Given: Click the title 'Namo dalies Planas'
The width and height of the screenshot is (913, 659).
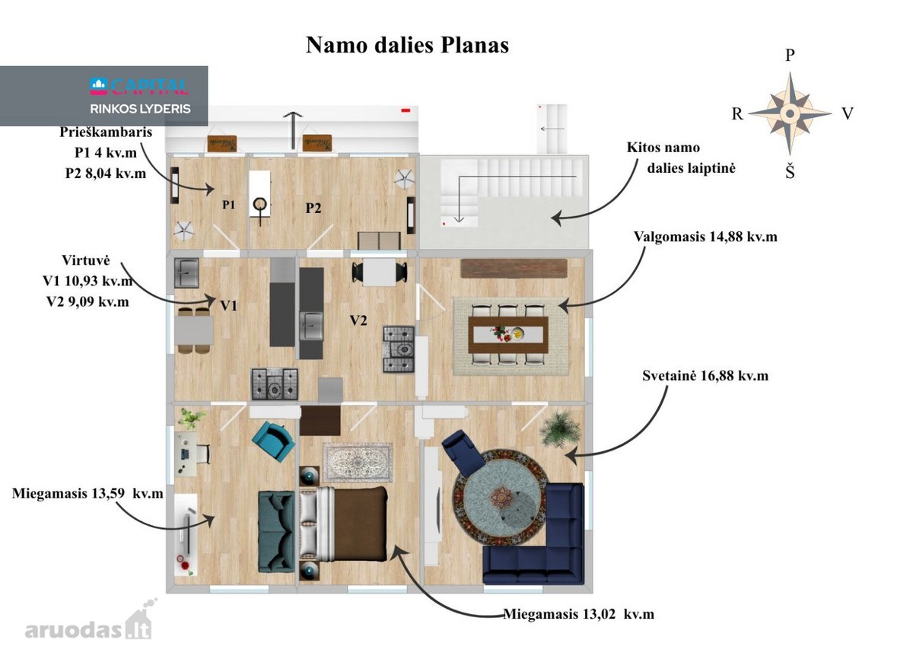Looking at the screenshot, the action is [407, 45].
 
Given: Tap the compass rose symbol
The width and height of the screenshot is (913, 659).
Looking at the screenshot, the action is [790, 113].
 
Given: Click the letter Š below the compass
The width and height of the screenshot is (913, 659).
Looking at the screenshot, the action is [790, 171].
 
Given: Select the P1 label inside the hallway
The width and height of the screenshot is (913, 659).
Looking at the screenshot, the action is [229, 205].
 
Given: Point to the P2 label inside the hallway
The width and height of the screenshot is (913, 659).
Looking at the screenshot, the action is [313, 209].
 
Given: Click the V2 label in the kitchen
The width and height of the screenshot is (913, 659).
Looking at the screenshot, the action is [358, 320].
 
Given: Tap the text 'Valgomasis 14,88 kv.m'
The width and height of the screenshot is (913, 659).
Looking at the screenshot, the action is [705, 237].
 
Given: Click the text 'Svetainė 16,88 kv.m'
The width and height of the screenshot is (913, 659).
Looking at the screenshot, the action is [705, 376].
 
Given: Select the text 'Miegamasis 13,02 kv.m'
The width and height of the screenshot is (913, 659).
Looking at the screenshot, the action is [579, 614].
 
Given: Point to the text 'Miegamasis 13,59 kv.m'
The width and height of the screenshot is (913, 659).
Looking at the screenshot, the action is [87, 494].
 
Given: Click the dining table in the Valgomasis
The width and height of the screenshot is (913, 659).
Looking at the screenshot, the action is [508, 335].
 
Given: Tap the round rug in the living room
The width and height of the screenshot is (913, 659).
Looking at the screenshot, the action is [500, 497].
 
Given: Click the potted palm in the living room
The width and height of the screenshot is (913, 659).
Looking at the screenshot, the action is [561, 429].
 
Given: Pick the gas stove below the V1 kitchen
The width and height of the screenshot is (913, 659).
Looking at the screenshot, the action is [275, 384].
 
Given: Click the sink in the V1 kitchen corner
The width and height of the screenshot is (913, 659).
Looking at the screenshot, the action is [186, 272].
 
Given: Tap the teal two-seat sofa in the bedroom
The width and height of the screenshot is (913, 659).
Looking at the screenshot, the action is [276, 531].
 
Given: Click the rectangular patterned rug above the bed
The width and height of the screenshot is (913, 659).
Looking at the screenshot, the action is [358, 463].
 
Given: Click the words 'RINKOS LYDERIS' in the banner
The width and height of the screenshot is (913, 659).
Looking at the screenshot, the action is [140, 109].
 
